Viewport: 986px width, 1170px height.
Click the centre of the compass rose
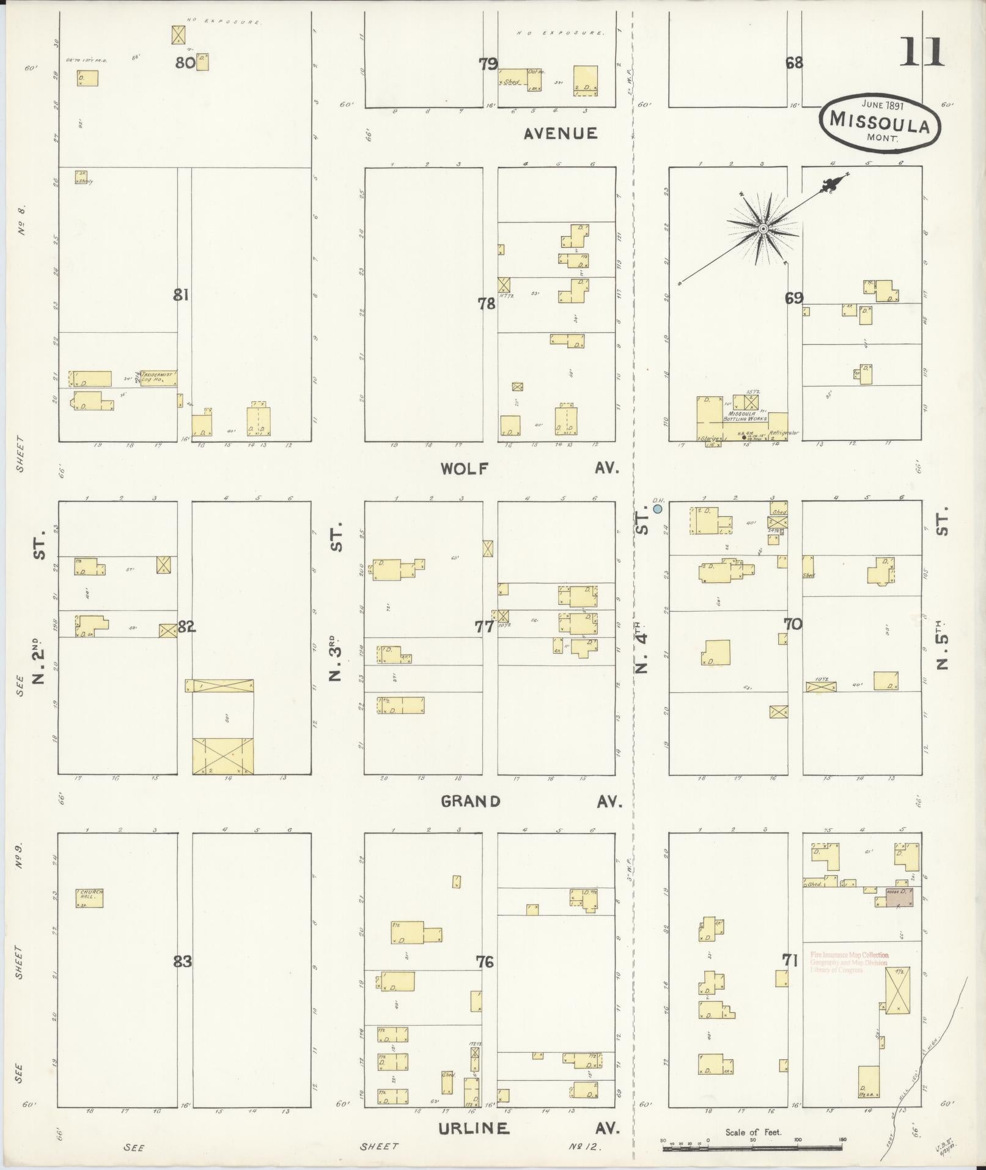763,229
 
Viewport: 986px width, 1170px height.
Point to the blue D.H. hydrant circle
658,508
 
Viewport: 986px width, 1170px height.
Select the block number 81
180,295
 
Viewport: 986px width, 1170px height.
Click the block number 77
484,626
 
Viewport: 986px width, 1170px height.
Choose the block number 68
794,62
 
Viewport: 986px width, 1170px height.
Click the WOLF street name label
465,468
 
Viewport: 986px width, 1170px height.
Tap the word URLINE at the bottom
474,1128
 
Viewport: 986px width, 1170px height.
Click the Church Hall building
89,897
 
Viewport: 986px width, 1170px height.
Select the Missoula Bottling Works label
741,416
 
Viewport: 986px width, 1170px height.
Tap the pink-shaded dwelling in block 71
899,897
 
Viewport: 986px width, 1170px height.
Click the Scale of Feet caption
753,1132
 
